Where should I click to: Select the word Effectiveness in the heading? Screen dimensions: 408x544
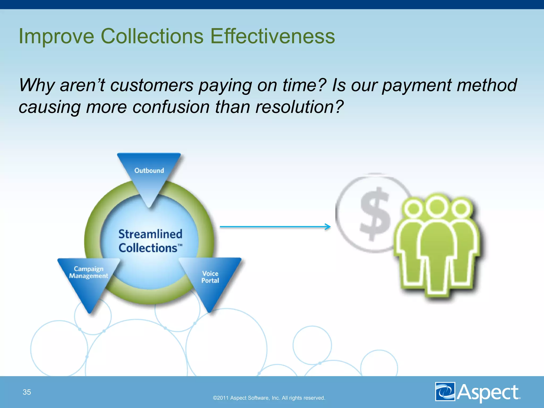point(273,36)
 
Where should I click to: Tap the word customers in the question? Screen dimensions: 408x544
point(152,85)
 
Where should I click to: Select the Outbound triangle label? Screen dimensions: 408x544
point(149,171)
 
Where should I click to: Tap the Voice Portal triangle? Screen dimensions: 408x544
point(210,277)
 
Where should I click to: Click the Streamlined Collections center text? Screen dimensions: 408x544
point(150,241)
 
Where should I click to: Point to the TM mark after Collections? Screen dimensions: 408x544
point(180,245)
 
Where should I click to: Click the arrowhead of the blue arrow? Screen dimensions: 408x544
point(328,227)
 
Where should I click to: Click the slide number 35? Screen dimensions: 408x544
point(27,392)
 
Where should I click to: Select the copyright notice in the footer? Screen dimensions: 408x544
point(269,398)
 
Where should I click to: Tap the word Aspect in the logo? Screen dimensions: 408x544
point(488,392)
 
